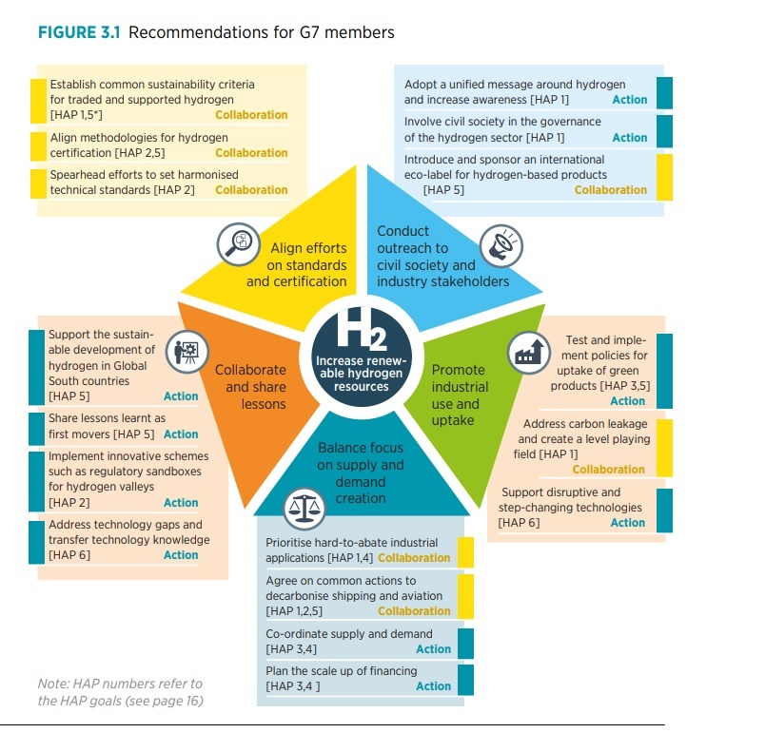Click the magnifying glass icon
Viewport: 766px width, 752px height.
239,244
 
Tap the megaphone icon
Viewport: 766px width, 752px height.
501,245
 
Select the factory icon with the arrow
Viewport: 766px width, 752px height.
528,353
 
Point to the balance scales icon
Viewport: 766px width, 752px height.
304,508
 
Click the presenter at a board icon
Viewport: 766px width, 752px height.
187,352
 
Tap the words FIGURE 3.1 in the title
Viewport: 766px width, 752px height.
79,32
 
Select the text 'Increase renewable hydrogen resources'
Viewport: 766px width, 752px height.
362,374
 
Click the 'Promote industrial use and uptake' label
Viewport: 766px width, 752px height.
460,395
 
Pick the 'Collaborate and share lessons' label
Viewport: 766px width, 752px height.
250,387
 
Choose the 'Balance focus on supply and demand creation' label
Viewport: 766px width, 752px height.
361,472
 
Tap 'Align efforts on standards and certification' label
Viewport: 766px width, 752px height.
297,264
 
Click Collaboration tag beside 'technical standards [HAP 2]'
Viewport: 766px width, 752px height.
251,190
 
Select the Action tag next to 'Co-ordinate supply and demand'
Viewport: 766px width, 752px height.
433,648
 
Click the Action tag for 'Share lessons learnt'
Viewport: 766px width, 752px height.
181,434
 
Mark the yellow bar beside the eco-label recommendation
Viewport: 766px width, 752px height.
664,177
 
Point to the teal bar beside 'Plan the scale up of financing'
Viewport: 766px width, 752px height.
465,680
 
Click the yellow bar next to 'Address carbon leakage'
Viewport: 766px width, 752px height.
664,448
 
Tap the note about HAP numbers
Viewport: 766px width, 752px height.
120,692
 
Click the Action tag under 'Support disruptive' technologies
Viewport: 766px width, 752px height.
628,522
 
